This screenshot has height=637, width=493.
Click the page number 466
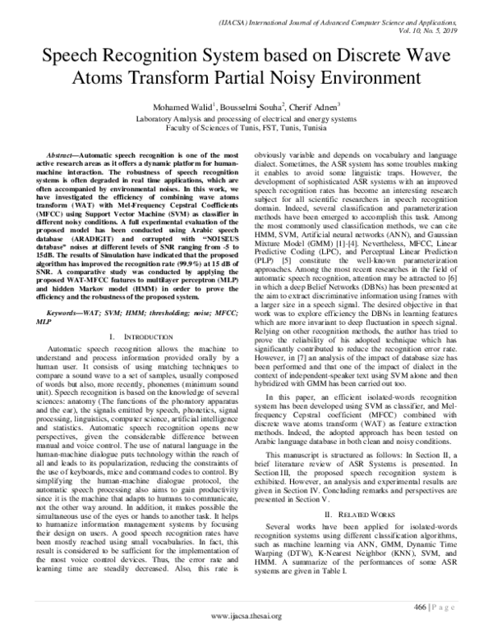click(422, 607)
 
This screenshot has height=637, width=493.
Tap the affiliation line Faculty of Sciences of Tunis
click(246, 128)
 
